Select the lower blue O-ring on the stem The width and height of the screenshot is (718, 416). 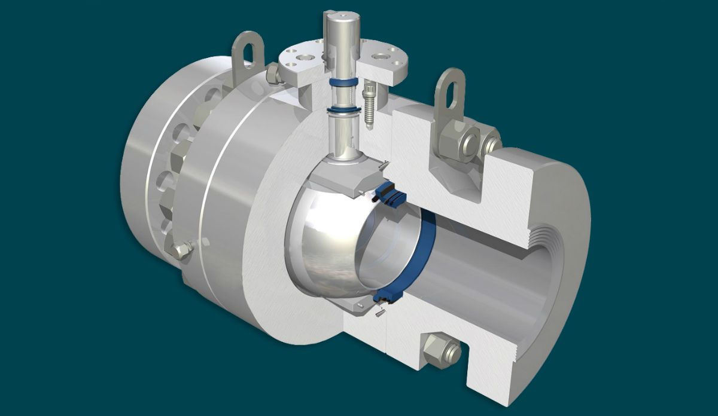click(x=342, y=109)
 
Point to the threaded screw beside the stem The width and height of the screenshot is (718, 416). click(x=370, y=108)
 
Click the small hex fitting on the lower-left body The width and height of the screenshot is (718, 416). click(x=182, y=251)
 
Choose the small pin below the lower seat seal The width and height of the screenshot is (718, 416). click(x=379, y=312)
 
